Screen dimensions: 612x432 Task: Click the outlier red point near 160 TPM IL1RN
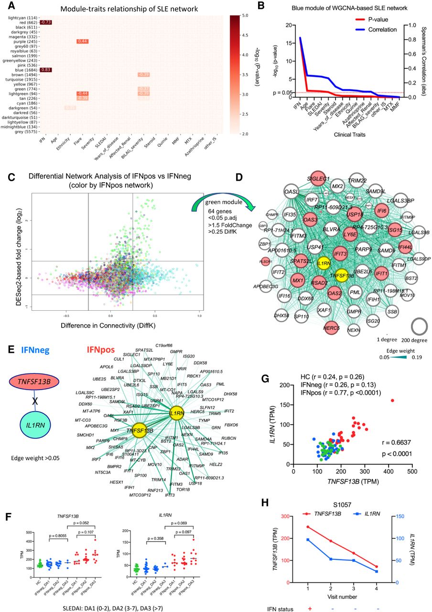(x=392, y=400)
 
